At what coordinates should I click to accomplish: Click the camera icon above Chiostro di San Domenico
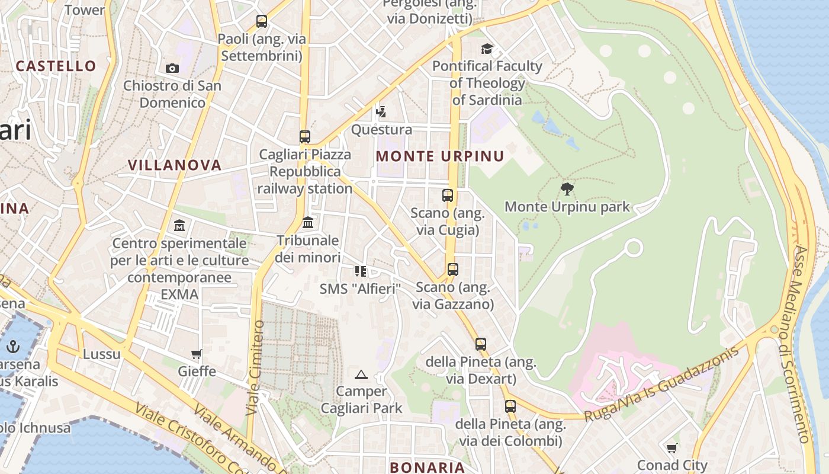tap(172, 69)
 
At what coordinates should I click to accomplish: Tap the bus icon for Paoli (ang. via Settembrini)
tap(262, 21)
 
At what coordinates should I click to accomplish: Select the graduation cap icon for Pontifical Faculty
tap(487, 49)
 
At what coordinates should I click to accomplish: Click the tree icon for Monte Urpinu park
tap(567, 189)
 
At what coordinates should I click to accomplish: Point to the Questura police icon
tap(381, 111)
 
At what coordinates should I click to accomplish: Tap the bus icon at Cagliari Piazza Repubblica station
tap(305, 137)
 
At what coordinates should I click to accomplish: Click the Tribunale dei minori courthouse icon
tap(308, 223)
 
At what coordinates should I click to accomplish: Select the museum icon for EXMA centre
tap(179, 226)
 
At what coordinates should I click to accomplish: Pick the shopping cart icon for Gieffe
tap(197, 354)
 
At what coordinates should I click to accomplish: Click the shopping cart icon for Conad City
tap(671, 448)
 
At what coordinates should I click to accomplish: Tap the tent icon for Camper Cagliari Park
tap(361, 374)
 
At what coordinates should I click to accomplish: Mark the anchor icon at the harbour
tap(13, 346)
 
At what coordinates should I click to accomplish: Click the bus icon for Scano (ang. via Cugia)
tap(448, 195)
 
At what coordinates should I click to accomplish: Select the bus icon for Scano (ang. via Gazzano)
tap(453, 270)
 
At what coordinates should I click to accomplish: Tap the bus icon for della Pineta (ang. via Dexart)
tap(480, 344)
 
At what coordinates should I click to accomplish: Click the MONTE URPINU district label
tap(440, 156)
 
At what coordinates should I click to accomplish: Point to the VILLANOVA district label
tap(175, 165)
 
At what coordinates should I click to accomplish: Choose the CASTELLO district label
tap(56, 66)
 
